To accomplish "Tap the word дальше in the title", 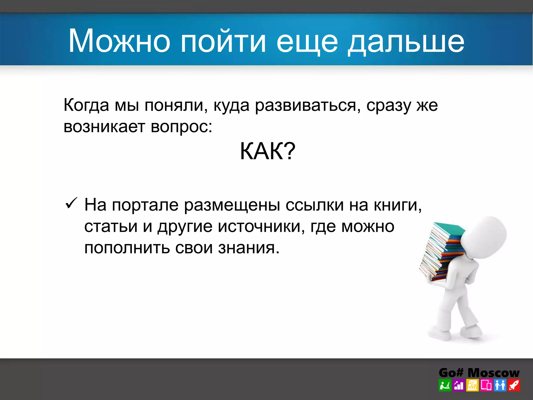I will [406, 42].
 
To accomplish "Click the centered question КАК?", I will [268, 151].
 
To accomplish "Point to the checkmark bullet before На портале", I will [71, 203].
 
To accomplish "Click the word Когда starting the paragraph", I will [86, 105].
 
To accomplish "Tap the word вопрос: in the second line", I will [181, 127].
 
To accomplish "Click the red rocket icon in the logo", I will [514, 385].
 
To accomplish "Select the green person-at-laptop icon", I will [445, 385].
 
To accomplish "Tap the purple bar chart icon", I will [459, 385].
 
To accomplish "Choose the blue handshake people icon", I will [500, 385].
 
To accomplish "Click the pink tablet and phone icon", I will [486, 385].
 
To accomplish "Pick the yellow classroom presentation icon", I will [472, 385].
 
